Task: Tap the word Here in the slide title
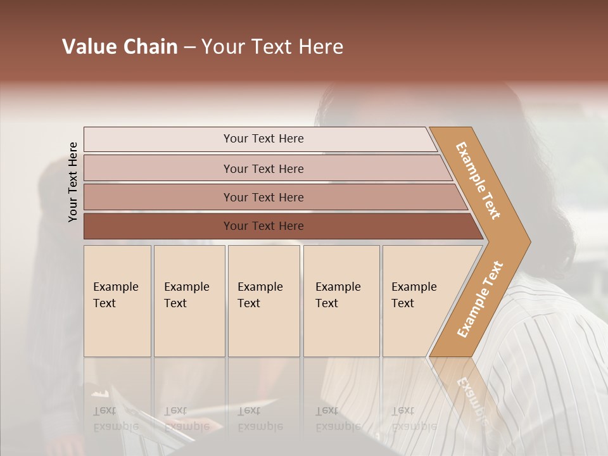320,47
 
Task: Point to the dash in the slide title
189,47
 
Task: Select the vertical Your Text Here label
73,182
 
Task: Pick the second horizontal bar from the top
263,168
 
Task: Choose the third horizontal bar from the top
263,197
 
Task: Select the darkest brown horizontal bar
263,226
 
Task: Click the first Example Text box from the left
117,301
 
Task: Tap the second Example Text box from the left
189,301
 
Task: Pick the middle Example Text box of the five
263,301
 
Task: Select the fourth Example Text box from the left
341,301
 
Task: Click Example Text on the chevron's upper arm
478,180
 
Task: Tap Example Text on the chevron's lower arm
480,300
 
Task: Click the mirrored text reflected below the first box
115,419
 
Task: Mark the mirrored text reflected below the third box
260,419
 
